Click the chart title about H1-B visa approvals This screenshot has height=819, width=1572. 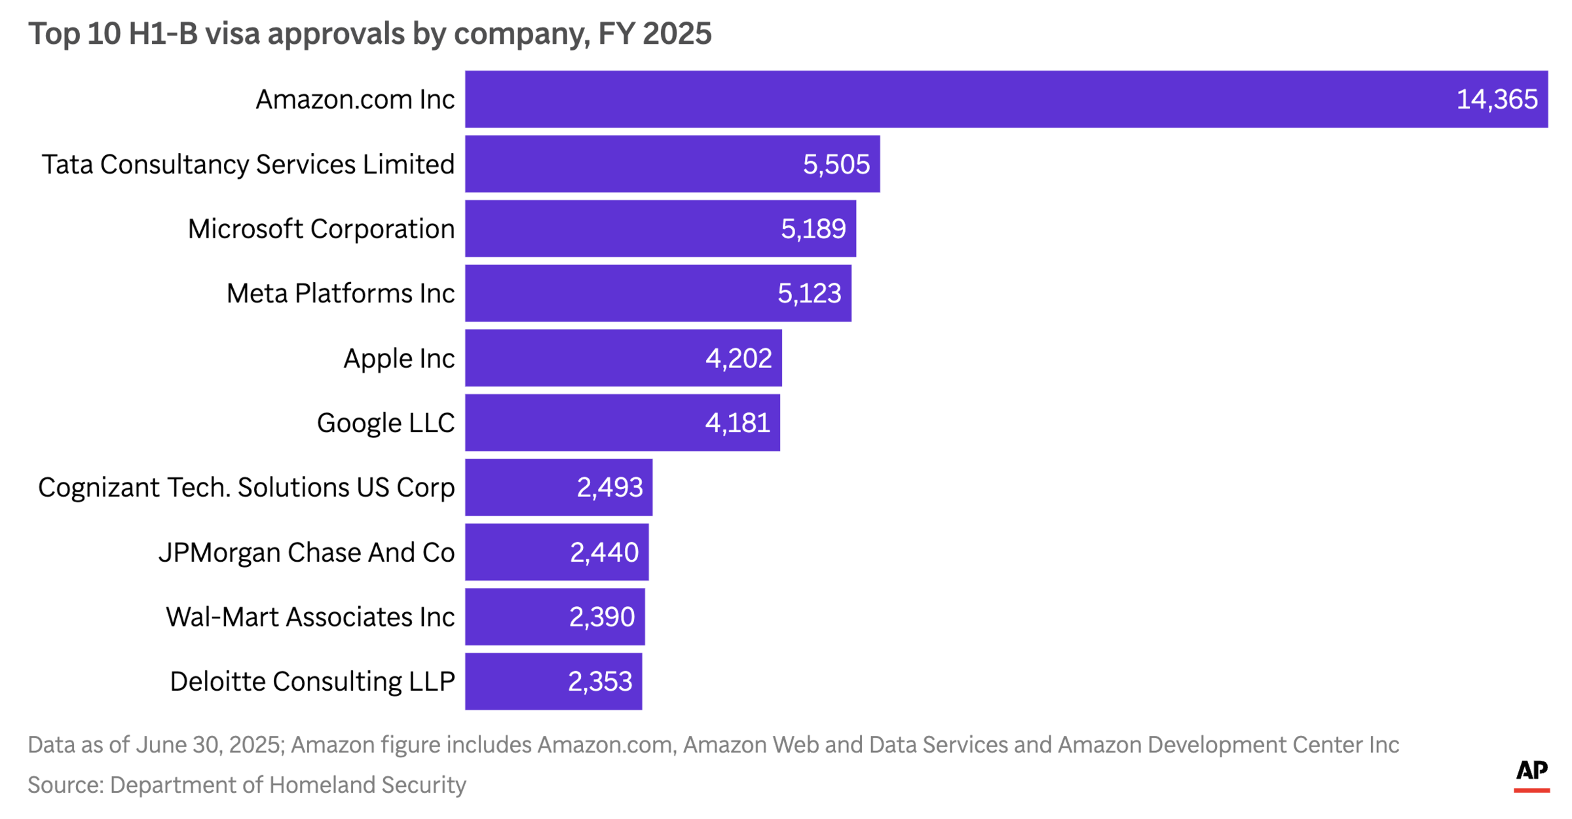click(369, 34)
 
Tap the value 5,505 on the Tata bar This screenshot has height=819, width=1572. click(836, 164)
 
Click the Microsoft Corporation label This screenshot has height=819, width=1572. click(321, 229)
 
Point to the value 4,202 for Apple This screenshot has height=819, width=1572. click(738, 358)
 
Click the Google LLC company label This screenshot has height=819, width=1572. click(385, 423)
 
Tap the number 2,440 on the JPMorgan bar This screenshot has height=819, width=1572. click(604, 553)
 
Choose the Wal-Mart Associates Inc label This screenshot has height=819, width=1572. click(310, 617)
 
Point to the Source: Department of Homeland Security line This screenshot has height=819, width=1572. click(246, 784)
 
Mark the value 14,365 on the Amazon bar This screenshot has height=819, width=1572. click(1496, 100)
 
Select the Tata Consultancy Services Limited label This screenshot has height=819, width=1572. click(248, 164)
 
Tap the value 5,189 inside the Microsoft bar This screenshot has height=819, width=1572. click(813, 229)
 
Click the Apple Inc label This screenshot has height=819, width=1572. click(398, 358)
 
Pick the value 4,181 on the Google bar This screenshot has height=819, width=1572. click(737, 423)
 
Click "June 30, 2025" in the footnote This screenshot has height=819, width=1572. click(208, 744)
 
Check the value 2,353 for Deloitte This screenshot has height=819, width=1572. click(599, 682)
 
